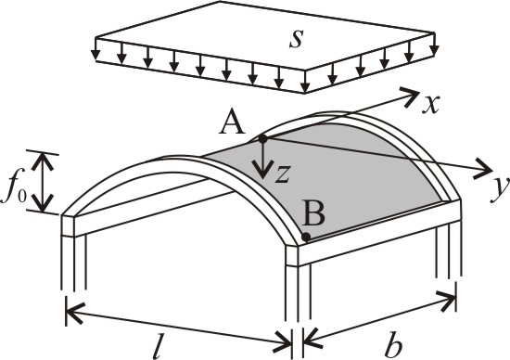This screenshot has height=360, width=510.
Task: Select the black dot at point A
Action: click(x=262, y=139)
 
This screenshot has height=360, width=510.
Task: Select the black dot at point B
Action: click(x=306, y=237)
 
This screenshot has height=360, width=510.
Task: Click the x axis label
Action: click(x=431, y=104)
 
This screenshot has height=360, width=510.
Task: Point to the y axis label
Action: click(x=501, y=190)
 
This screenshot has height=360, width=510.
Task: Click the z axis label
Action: click(x=282, y=174)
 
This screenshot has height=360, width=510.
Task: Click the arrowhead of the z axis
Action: click(x=262, y=170)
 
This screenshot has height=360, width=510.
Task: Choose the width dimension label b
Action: click(x=393, y=347)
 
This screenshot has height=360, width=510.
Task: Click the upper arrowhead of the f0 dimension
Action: click(x=43, y=161)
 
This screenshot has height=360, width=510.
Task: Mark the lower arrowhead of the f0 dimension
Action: click(x=43, y=202)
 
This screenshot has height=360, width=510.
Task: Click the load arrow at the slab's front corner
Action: click(x=305, y=82)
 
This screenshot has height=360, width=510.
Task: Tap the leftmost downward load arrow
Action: click(x=96, y=49)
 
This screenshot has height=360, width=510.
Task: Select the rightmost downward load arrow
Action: click(x=434, y=44)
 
